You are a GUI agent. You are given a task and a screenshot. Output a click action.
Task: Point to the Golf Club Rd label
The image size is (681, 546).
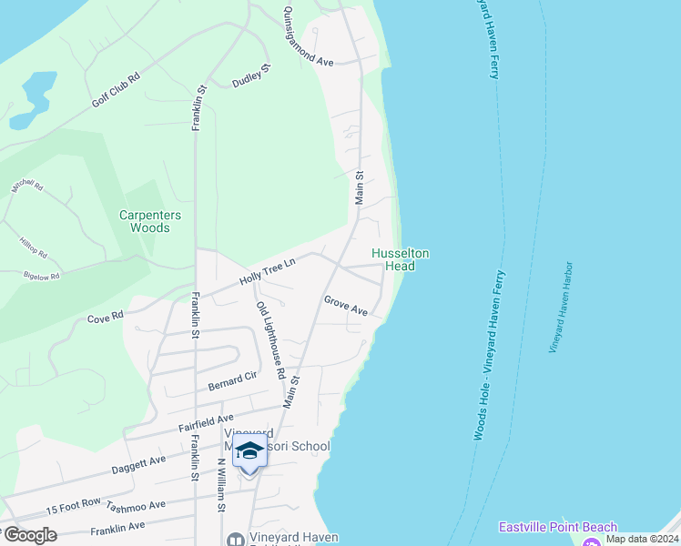pyautogui.click(x=115, y=91)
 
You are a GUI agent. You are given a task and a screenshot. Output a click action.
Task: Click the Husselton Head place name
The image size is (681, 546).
pyautogui.click(x=400, y=259)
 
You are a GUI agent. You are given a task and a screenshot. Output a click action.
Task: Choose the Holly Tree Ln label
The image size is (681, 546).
pyautogui.click(x=268, y=272)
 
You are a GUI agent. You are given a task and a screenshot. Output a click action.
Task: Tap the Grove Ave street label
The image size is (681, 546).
pyautogui.click(x=345, y=305)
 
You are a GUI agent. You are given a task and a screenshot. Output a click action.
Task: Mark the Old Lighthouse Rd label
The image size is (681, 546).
pyautogui.click(x=271, y=340)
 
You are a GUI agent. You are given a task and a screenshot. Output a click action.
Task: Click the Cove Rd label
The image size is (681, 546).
pyautogui.click(x=105, y=318)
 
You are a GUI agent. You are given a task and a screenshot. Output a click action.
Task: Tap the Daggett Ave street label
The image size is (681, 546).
pyautogui.click(x=138, y=461)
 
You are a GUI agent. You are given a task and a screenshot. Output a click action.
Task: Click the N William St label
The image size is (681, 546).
pyautogui.click(x=220, y=485)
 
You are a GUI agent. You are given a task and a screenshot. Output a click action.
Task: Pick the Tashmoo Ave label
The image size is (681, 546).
pyautogui.click(x=136, y=506)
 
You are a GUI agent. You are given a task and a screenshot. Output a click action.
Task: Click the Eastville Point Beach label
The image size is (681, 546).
pyautogui.click(x=557, y=527)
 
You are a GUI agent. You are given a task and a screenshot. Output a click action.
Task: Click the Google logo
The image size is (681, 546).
pyautogui.click(x=29, y=535)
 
